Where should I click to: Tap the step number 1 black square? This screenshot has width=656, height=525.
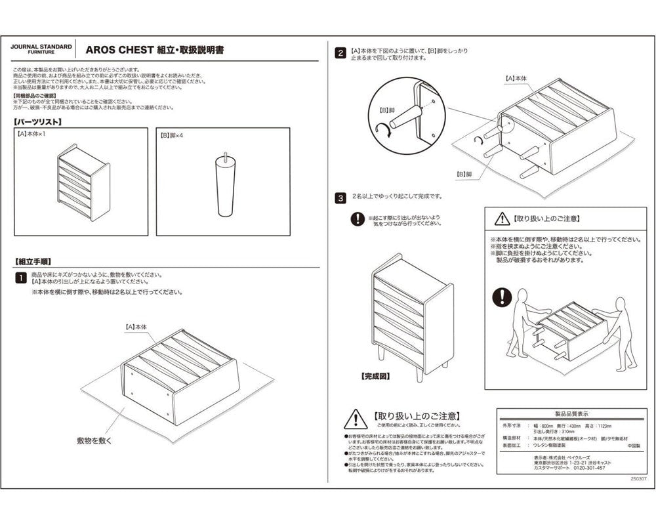coord(20,278)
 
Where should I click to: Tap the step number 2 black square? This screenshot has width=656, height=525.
coord(340,53)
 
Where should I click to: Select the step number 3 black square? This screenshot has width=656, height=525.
coord(340,197)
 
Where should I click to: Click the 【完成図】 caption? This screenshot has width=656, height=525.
coord(375,377)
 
